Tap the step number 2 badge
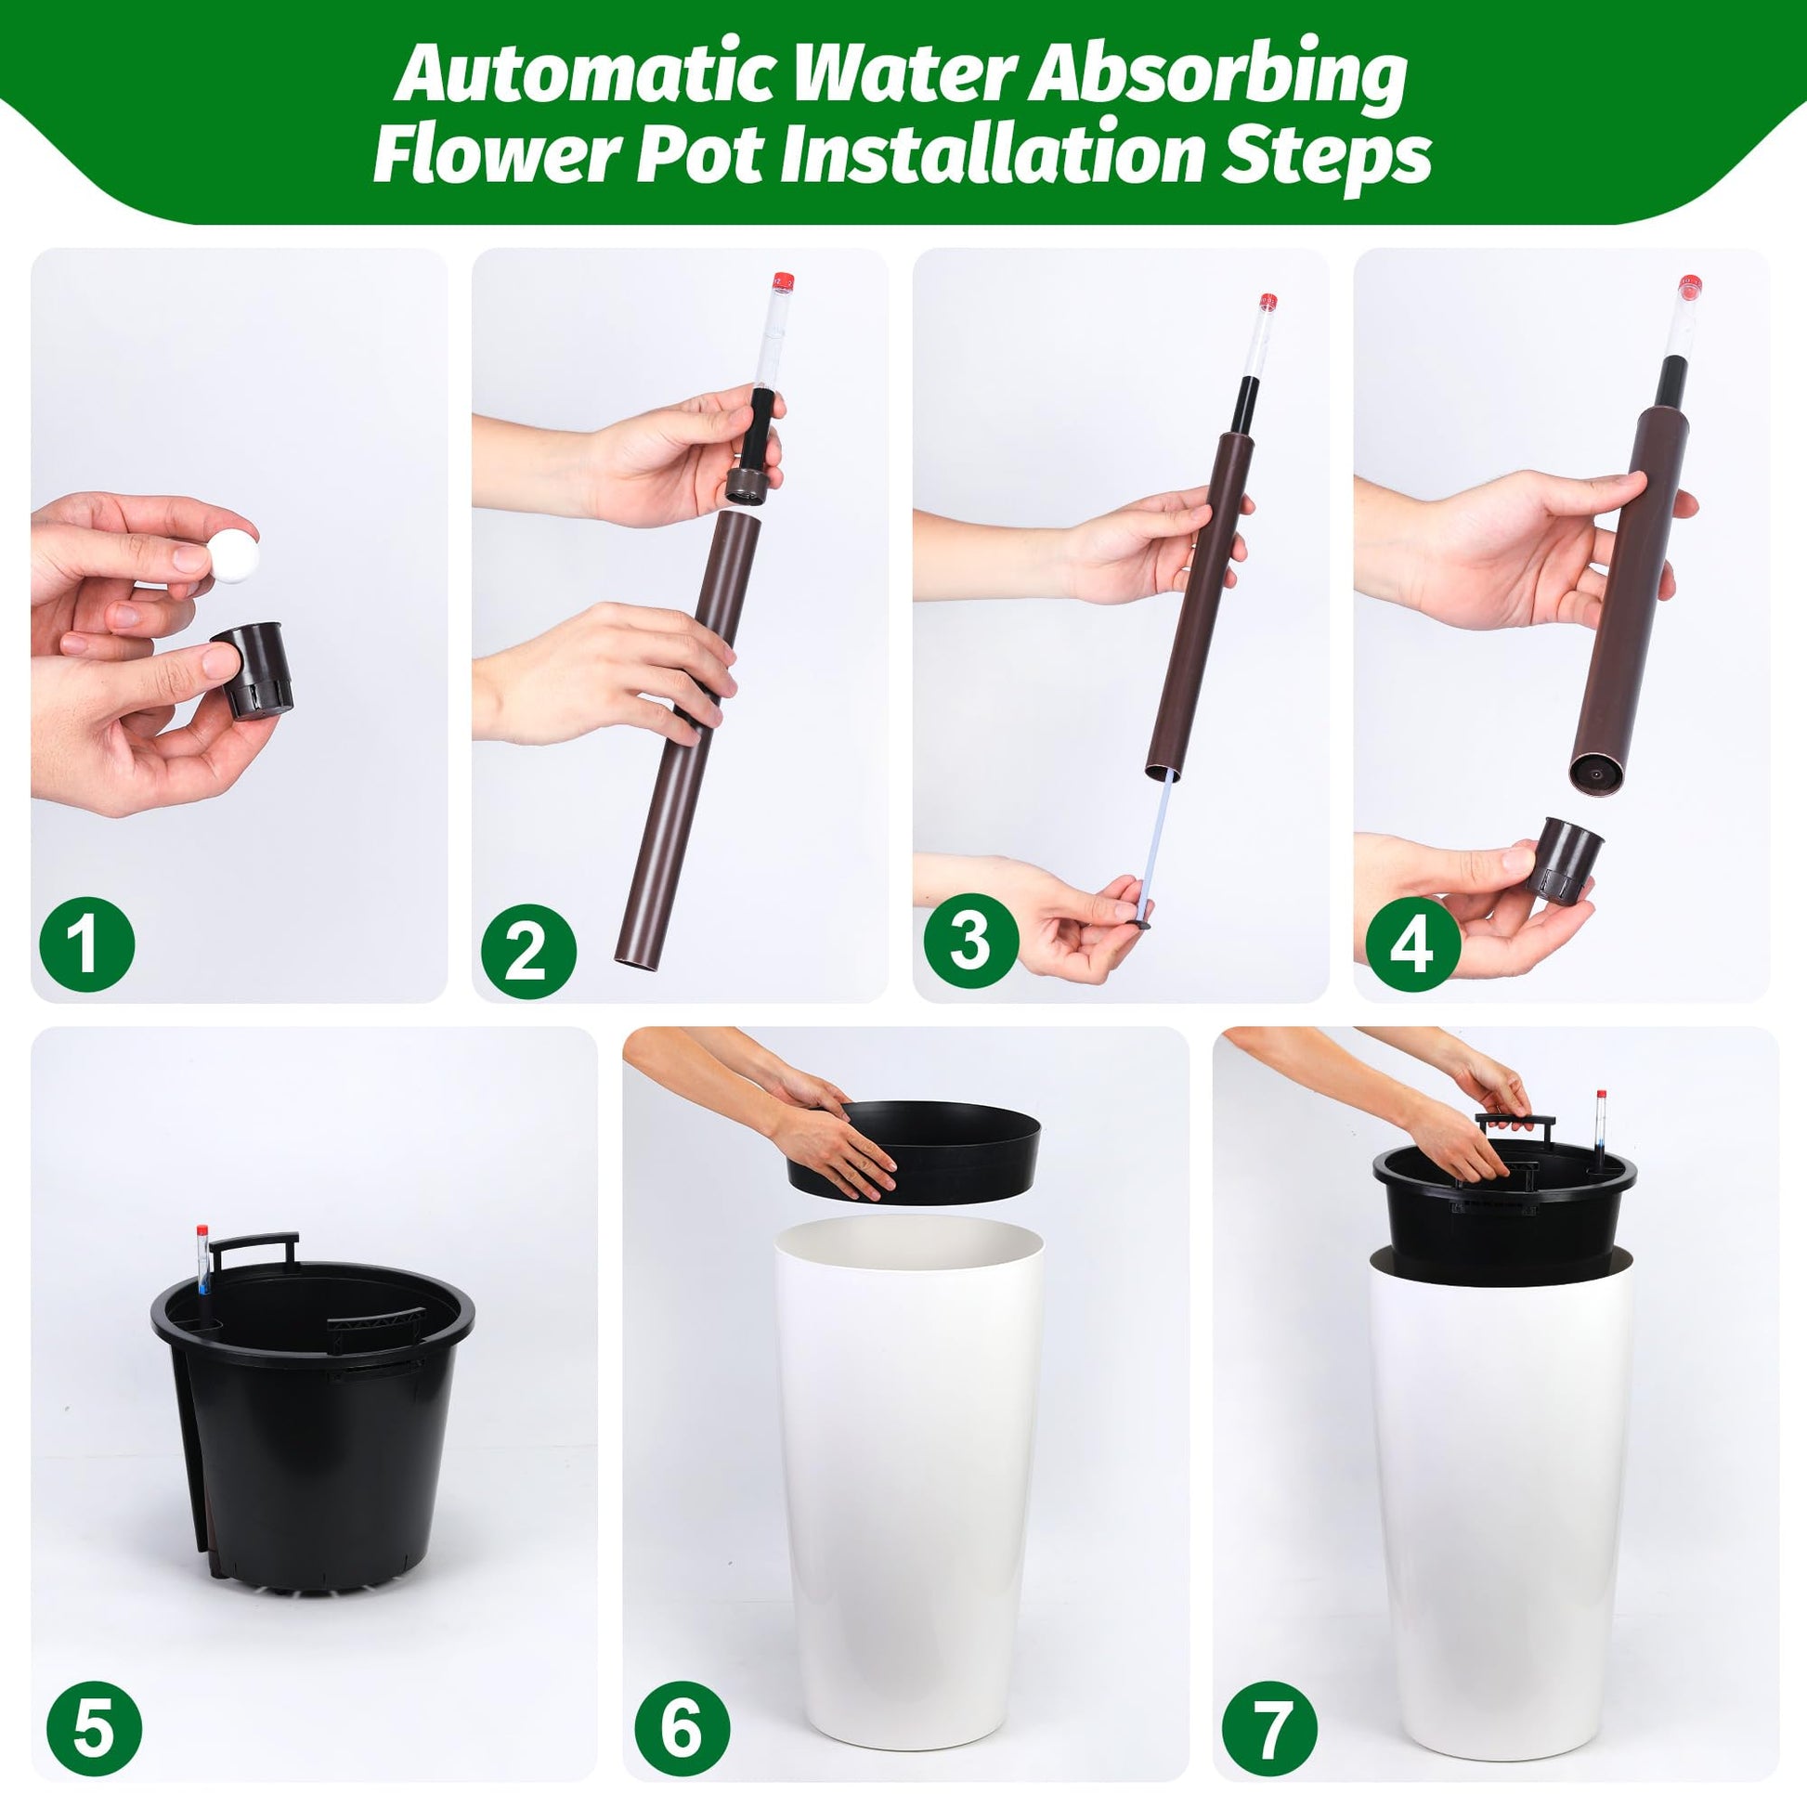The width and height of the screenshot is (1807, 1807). (528, 950)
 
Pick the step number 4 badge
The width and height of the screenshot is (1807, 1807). (1412, 944)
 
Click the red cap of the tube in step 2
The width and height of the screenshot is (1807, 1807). (783, 281)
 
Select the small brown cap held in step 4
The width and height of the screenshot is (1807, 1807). (1565, 858)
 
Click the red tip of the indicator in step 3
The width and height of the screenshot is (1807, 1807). (1268, 302)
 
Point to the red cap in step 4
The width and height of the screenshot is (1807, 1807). (1689, 287)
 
